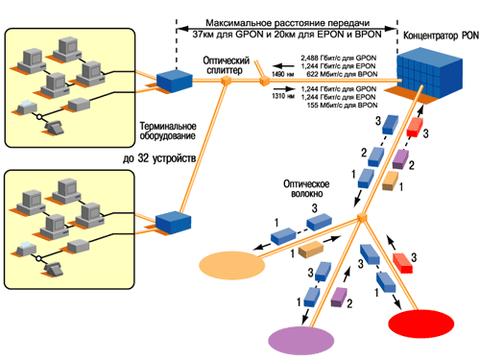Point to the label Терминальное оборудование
coord(166,132)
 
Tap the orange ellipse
coord(231,261)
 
